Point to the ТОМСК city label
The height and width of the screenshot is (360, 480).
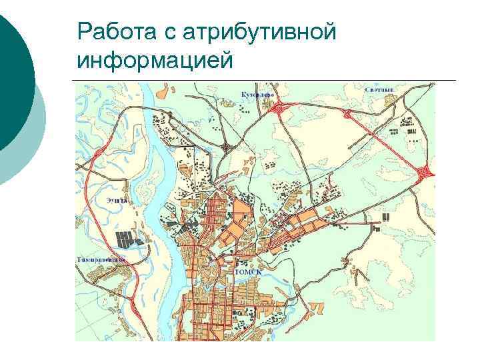click(x=248, y=272)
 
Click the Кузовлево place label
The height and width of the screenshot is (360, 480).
click(x=257, y=95)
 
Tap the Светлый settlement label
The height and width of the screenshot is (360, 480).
click(x=379, y=89)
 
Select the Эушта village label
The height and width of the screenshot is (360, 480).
click(x=115, y=198)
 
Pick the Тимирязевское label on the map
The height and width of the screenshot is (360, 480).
click(x=102, y=259)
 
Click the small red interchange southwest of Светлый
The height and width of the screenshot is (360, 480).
click(x=347, y=114)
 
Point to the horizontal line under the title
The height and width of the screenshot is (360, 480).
click(x=267, y=81)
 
